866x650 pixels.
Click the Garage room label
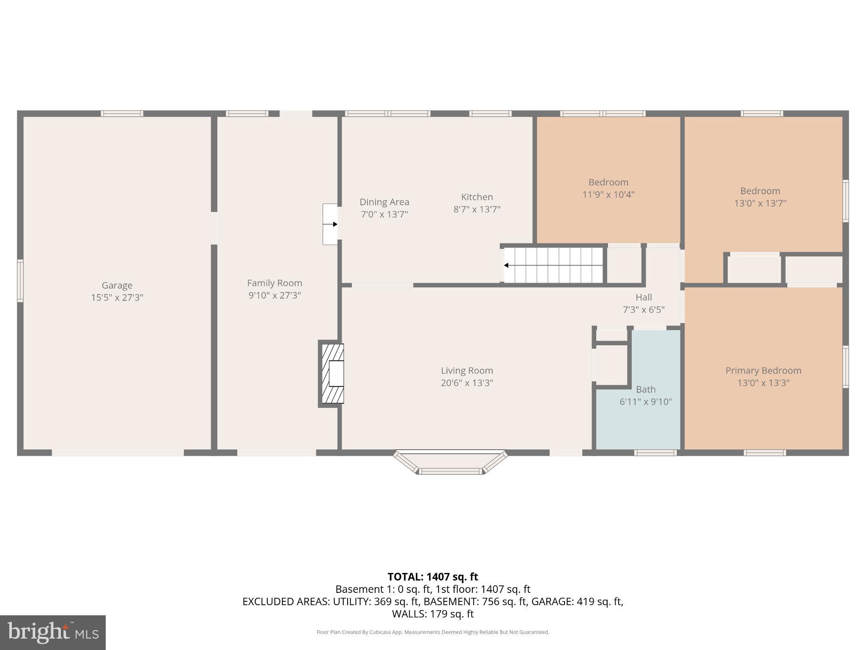point(117,285)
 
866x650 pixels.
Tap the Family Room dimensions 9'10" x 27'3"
point(274,295)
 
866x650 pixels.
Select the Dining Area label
point(384,202)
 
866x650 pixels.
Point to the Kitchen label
point(477,197)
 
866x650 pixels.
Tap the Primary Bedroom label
point(763,371)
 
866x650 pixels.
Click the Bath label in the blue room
point(646,389)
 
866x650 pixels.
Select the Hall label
point(644,297)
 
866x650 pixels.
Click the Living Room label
point(467,371)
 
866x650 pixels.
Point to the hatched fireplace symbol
point(332,373)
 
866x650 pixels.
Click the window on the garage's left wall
point(20,281)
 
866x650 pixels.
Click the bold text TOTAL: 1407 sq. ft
point(433,577)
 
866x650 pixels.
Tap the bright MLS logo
point(52,632)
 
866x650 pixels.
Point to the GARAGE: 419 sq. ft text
point(577,601)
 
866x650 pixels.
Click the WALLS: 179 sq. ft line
point(433,614)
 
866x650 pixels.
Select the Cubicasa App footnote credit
point(433,632)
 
